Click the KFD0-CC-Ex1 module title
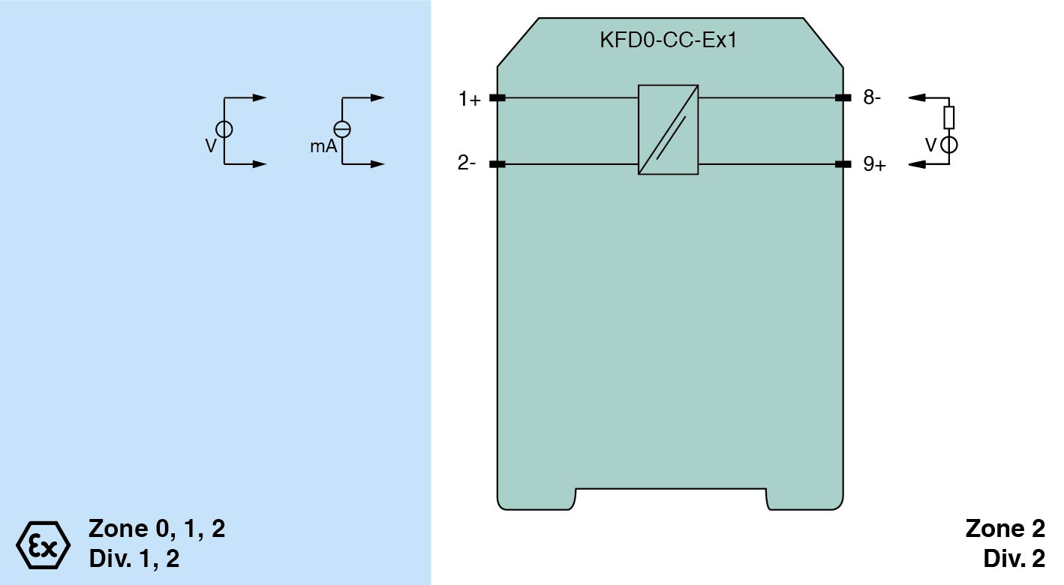click(668, 40)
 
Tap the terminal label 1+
click(470, 99)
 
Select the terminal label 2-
click(467, 164)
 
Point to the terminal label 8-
click(872, 97)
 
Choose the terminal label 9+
click(874, 164)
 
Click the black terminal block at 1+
click(497, 97)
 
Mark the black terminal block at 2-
click(497, 164)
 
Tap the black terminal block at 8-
click(843, 97)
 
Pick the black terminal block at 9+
click(843, 164)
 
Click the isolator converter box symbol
click(668, 130)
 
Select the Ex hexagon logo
click(44, 542)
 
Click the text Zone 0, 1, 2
click(157, 529)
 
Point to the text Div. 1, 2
click(134, 559)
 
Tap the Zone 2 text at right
click(1005, 529)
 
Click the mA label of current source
click(323, 147)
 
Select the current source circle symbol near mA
click(342, 129)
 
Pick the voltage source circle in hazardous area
click(224, 129)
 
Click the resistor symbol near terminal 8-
click(949, 117)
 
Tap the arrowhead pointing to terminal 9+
click(915, 164)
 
